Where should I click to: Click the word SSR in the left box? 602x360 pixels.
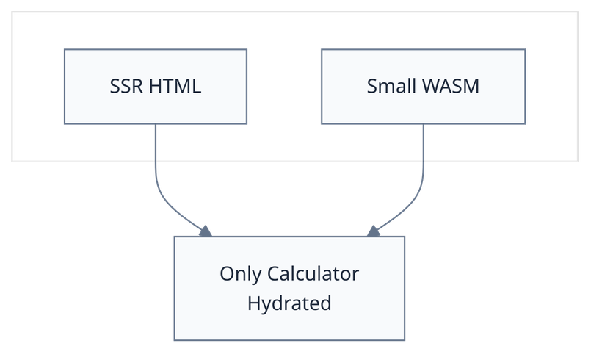pos(126,87)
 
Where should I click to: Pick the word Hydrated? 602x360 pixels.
pos(289,303)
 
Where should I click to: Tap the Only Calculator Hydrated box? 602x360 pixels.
pos(289,323)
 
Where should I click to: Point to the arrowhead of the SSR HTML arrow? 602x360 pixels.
pos(205,230)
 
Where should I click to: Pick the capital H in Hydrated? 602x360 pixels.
pos(253,303)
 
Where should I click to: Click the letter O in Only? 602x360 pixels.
pos(226,274)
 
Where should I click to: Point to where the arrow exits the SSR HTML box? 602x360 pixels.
pos(156,125)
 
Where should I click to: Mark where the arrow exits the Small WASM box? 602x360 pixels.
pos(424,125)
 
